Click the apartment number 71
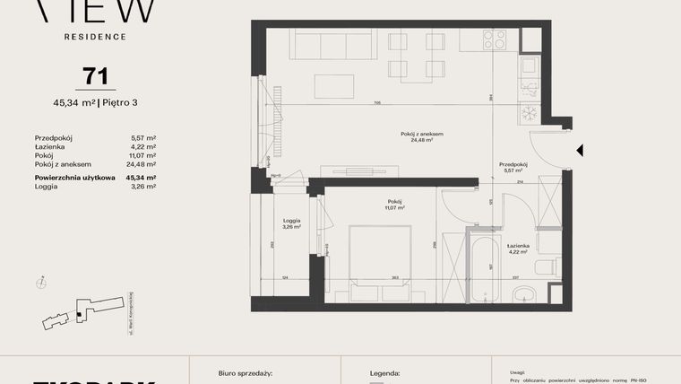(95, 75)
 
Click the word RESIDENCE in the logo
(95, 37)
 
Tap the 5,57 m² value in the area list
(143, 137)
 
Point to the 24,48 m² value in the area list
(142, 164)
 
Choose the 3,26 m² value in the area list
(143, 187)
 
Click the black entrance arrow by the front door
(580, 151)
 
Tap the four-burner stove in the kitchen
(494, 39)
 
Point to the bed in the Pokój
(380, 264)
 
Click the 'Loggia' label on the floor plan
(290, 221)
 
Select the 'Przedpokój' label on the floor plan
(513, 164)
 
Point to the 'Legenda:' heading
(385, 371)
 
